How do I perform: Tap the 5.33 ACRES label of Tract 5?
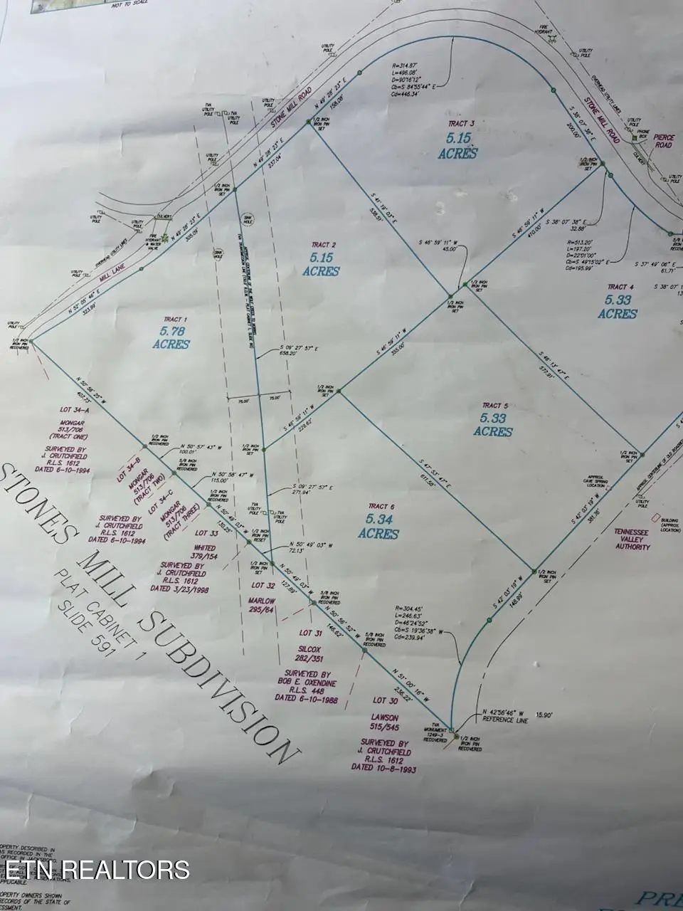click(x=492, y=425)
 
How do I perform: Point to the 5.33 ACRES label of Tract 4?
click(x=617, y=307)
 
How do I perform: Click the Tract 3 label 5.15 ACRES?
click(x=457, y=146)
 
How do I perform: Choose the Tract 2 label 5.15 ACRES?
click(x=319, y=265)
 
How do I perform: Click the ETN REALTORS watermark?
click(x=96, y=869)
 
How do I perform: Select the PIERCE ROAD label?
click(x=663, y=140)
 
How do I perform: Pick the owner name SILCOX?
click(x=310, y=650)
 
